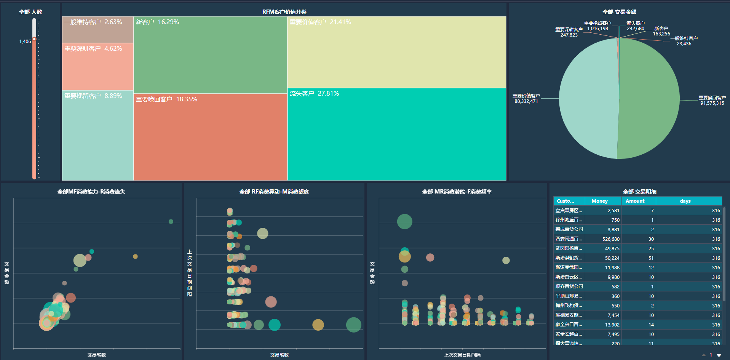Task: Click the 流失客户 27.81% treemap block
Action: point(396,134)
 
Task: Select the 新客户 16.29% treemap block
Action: point(210,55)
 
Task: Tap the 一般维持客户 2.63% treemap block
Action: point(98,30)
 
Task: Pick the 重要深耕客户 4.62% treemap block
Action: point(98,67)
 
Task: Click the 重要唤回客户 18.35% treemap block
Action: point(210,137)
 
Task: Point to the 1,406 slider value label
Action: point(25,42)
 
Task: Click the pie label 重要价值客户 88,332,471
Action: point(526,99)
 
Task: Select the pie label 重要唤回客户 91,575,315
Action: point(712,101)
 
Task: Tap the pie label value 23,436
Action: point(684,44)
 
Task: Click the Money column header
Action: point(599,201)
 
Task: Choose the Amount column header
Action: point(635,201)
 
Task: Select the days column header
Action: point(685,201)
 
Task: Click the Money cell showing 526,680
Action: point(611,239)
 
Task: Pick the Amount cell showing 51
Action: point(651,258)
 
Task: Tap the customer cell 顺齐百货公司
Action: point(569,286)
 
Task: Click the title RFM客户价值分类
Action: point(284,12)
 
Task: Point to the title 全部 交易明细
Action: point(639,192)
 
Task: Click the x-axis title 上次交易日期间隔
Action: point(462,355)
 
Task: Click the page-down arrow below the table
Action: point(719,355)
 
